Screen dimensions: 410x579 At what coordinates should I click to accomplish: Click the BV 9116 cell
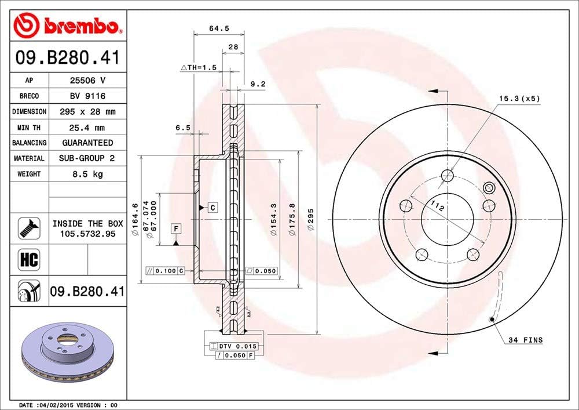tap(87, 96)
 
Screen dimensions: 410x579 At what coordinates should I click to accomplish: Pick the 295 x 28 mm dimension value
tap(87, 111)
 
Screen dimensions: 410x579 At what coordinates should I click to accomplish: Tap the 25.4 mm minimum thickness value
tap(87, 127)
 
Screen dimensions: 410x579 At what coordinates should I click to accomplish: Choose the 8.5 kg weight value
tap(87, 174)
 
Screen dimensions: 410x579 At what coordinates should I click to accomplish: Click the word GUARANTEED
tap(87, 143)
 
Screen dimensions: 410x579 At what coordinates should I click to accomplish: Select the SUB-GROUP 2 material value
tap(87, 158)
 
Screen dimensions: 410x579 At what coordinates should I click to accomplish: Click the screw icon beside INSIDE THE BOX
tap(30, 227)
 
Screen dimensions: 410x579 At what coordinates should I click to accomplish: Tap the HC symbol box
tap(30, 260)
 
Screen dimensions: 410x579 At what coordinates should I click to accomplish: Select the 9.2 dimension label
tap(257, 84)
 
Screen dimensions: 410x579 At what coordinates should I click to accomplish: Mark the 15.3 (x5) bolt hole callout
tap(519, 98)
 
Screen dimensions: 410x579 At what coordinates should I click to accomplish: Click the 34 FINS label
tap(525, 339)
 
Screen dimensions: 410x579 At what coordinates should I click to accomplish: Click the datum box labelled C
tap(212, 207)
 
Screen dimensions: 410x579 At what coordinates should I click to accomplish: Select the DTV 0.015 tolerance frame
tap(234, 346)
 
